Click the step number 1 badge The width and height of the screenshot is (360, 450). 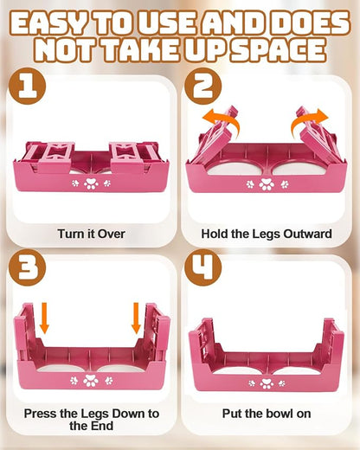pos(28,86)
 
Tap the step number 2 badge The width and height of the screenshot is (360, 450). pos(202,86)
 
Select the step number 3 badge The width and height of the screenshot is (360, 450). pos(28,267)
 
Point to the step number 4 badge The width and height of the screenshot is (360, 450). pos(202,267)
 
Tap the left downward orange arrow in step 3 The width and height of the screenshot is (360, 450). pos(44,318)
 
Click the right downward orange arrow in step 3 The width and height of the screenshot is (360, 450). pos(136,318)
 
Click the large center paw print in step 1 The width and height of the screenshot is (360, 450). pos(91,183)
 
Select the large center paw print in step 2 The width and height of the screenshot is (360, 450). pos(267,184)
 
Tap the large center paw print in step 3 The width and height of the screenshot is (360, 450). pos(91,381)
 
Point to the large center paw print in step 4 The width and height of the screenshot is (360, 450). pos(266,383)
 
